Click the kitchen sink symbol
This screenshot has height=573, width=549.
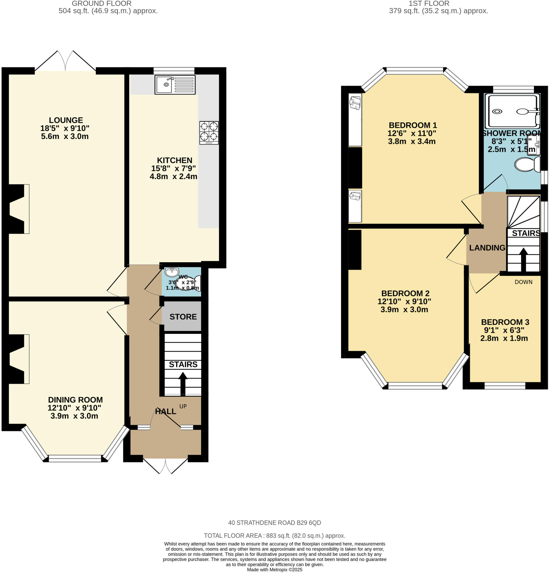click(x=175, y=85)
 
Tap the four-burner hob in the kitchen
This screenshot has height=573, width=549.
click(x=209, y=132)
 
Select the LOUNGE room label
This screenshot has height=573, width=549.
click(x=66, y=120)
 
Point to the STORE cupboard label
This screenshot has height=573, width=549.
click(x=183, y=317)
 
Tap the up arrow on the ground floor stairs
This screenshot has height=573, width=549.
click(x=183, y=383)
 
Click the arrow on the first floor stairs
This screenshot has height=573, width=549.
click(x=523, y=259)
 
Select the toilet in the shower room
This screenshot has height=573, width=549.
click(x=527, y=164)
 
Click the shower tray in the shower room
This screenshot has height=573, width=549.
click(x=512, y=111)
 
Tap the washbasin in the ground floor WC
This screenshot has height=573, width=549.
click(x=172, y=272)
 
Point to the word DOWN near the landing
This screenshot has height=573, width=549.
click(x=523, y=282)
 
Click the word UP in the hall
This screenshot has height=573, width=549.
click(x=183, y=406)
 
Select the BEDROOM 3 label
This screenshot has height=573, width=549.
click(x=505, y=322)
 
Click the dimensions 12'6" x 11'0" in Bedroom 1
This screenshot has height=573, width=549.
click(x=412, y=133)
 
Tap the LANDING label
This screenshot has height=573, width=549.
click(x=487, y=248)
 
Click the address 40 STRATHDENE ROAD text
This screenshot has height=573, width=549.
click(x=274, y=523)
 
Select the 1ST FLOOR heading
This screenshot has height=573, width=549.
click(x=429, y=4)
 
